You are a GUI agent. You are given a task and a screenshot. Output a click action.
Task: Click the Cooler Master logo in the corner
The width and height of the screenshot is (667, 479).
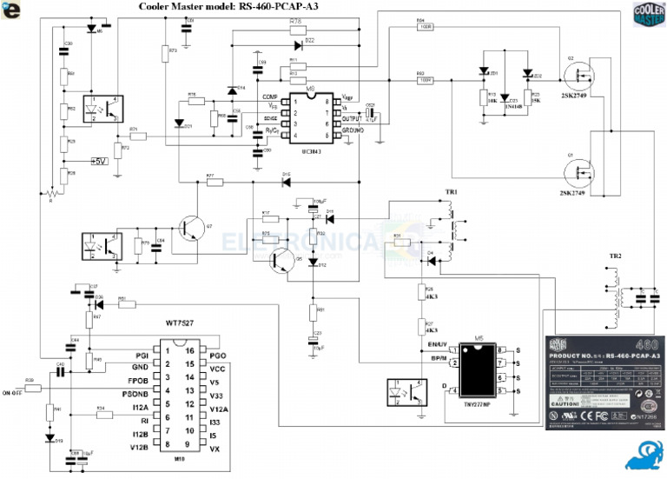coord(648,17)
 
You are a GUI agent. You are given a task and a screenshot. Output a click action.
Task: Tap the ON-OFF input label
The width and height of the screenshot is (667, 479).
coord(12,392)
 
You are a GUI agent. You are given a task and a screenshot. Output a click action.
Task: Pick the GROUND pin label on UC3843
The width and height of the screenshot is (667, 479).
coord(353,130)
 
